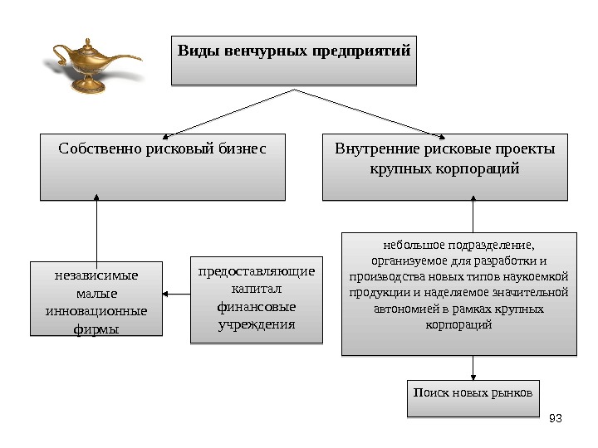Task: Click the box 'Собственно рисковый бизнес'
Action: coord(162,167)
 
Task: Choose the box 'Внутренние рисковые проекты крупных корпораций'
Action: coord(444,167)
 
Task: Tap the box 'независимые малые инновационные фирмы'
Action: coord(96,299)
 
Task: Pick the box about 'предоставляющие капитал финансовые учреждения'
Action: coord(257,299)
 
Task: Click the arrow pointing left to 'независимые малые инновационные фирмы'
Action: coord(176,293)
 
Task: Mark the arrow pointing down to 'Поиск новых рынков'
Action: coord(473,368)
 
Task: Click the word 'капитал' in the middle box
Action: coord(257,288)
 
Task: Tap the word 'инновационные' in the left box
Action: coord(96,312)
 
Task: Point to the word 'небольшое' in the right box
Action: coord(414,245)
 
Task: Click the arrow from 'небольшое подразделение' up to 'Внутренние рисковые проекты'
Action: coord(473,216)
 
